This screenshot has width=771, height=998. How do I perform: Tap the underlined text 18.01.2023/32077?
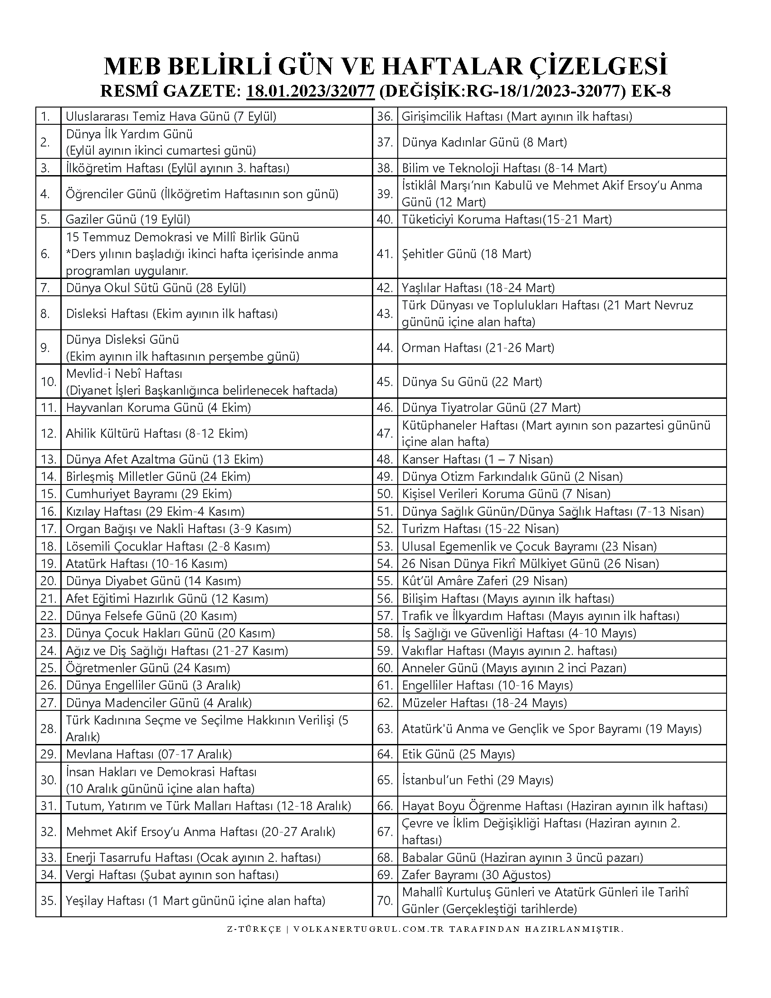311,91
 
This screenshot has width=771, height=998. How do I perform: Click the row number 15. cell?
48,494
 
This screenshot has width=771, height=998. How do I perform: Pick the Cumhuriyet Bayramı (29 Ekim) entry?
149,494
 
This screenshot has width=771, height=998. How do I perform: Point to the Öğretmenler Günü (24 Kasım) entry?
148,668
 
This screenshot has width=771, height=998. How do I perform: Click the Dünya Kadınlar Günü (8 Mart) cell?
484,142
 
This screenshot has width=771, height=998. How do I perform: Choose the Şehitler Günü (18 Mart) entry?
466,254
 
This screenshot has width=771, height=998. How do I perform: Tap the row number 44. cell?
385,348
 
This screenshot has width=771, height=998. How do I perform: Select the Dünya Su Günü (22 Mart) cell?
472,382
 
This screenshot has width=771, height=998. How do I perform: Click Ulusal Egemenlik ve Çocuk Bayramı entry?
529,546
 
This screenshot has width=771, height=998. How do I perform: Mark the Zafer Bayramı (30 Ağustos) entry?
476,875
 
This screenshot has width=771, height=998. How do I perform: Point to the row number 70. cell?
385,900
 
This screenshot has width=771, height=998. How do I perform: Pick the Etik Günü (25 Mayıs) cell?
458,754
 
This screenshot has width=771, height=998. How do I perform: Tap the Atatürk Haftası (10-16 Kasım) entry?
146,563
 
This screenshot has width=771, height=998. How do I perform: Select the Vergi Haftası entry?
172,875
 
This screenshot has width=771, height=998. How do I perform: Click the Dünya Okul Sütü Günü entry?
156,288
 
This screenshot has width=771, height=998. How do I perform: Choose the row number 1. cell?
48,117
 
